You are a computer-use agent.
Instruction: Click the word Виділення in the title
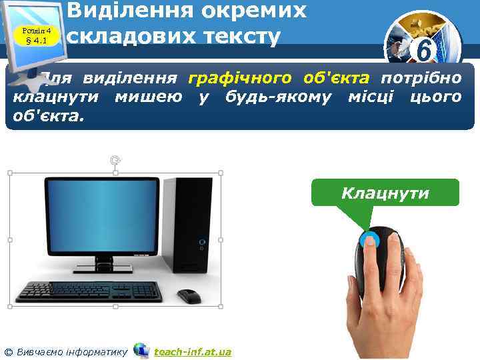coord(129,11)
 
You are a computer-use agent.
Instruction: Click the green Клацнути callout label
coord(385,193)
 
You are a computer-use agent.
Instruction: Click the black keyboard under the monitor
coord(89,290)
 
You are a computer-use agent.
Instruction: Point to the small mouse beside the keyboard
coord(189,293)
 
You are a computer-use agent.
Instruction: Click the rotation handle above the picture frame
coord(116,160)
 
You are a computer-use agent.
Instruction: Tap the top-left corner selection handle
coord(11,173)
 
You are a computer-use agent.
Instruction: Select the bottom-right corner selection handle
coord(221,307)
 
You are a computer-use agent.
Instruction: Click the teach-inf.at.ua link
coord(193,351)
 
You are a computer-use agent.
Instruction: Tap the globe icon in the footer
coord(141,349)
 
